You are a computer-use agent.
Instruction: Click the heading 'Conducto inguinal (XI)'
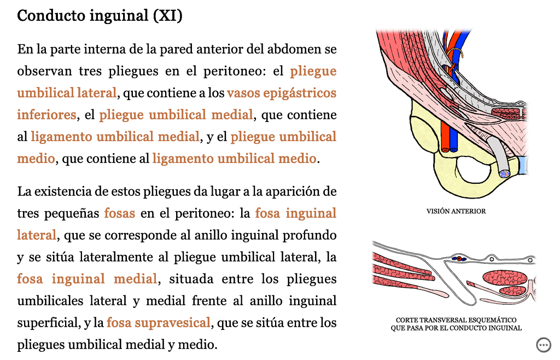100,16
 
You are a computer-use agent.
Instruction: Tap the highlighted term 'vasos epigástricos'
282,93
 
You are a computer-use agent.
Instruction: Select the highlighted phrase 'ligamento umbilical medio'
234,158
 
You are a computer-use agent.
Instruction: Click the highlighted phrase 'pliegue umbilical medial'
176,115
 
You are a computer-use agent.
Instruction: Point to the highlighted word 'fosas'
120,213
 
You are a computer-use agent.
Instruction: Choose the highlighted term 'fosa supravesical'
158,323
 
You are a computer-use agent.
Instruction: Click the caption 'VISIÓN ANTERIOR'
456,211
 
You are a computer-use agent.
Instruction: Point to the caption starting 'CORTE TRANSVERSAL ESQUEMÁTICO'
456,324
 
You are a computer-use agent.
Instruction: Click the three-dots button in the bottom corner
544,345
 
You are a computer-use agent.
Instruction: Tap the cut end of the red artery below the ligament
445,150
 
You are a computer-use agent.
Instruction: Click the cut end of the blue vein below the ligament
453,150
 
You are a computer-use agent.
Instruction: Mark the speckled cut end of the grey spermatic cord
505,173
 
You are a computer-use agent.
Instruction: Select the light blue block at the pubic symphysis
522,165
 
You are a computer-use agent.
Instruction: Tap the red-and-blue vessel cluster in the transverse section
459,259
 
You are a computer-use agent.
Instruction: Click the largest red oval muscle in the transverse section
505,277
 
